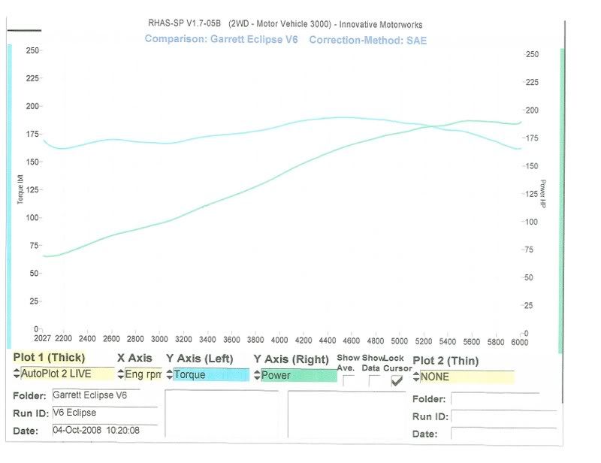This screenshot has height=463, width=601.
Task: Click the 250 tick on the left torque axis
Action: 32,50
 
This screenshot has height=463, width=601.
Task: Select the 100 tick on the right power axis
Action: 531,222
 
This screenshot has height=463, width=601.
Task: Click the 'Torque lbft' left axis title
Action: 21,189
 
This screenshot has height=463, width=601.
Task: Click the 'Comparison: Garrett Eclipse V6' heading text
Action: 221,39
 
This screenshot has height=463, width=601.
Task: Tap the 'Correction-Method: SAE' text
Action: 367,39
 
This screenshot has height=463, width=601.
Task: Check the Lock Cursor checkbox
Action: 397,380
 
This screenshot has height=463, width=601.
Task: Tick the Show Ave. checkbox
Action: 349,380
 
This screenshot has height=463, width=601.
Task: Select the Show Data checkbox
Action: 373,380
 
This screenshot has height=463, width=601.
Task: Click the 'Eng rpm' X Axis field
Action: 143,374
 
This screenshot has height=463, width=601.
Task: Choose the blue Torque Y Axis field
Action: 210,374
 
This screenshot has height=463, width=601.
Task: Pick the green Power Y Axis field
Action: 298,375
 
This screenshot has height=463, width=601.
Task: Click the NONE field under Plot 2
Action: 467,377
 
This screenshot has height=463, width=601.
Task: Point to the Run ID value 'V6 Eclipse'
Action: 75,413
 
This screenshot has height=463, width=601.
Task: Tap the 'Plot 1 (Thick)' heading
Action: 50,358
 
